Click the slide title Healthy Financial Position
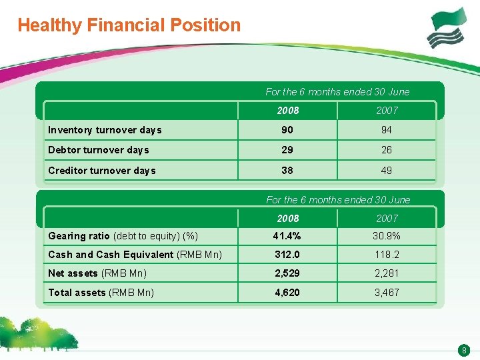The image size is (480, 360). point(129,25)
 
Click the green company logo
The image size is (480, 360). point(448,28)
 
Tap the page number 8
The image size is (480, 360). point(464,350)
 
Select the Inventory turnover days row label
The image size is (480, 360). point(105,130)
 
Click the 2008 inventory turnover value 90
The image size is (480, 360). point(287,130)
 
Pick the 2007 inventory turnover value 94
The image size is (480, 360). point(387,130)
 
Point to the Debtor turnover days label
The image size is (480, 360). point(99,150)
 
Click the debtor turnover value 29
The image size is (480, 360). point(287,150)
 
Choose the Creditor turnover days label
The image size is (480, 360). point(102,171)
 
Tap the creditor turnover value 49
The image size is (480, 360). point(387,171)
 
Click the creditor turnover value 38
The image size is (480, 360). point(287,171)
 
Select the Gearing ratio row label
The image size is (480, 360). point(123,236)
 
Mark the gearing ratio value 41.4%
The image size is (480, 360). point(287,235)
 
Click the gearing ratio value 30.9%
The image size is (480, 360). point(387,235)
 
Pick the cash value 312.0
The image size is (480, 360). point(287,254)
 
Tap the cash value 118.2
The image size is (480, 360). point(387,254)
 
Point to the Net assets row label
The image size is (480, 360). point(97,273)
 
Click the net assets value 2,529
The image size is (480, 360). point(287,273)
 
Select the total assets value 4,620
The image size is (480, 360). point(287,292)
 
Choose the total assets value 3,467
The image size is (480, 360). point(387,292)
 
